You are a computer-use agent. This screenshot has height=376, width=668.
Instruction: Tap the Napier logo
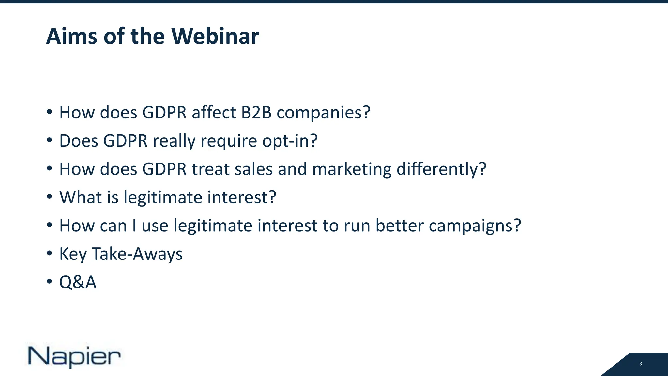(74, 356)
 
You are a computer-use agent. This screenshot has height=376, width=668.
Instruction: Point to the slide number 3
(641, 364)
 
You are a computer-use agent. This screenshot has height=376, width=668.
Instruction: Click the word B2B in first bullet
(256, 113)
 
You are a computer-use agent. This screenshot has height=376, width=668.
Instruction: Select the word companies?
(324, 113)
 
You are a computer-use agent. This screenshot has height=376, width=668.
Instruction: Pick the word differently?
(441, 169)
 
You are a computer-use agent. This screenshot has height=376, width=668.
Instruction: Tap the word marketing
(352, 169)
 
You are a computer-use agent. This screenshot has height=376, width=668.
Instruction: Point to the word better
(399, 226)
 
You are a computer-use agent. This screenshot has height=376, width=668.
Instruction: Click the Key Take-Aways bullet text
(121, 254)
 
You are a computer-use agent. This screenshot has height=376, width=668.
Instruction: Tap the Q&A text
(78, 282)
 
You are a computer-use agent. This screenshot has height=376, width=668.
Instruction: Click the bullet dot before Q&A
(49, 281)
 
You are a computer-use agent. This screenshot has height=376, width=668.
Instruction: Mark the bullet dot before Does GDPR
(49, 140)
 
